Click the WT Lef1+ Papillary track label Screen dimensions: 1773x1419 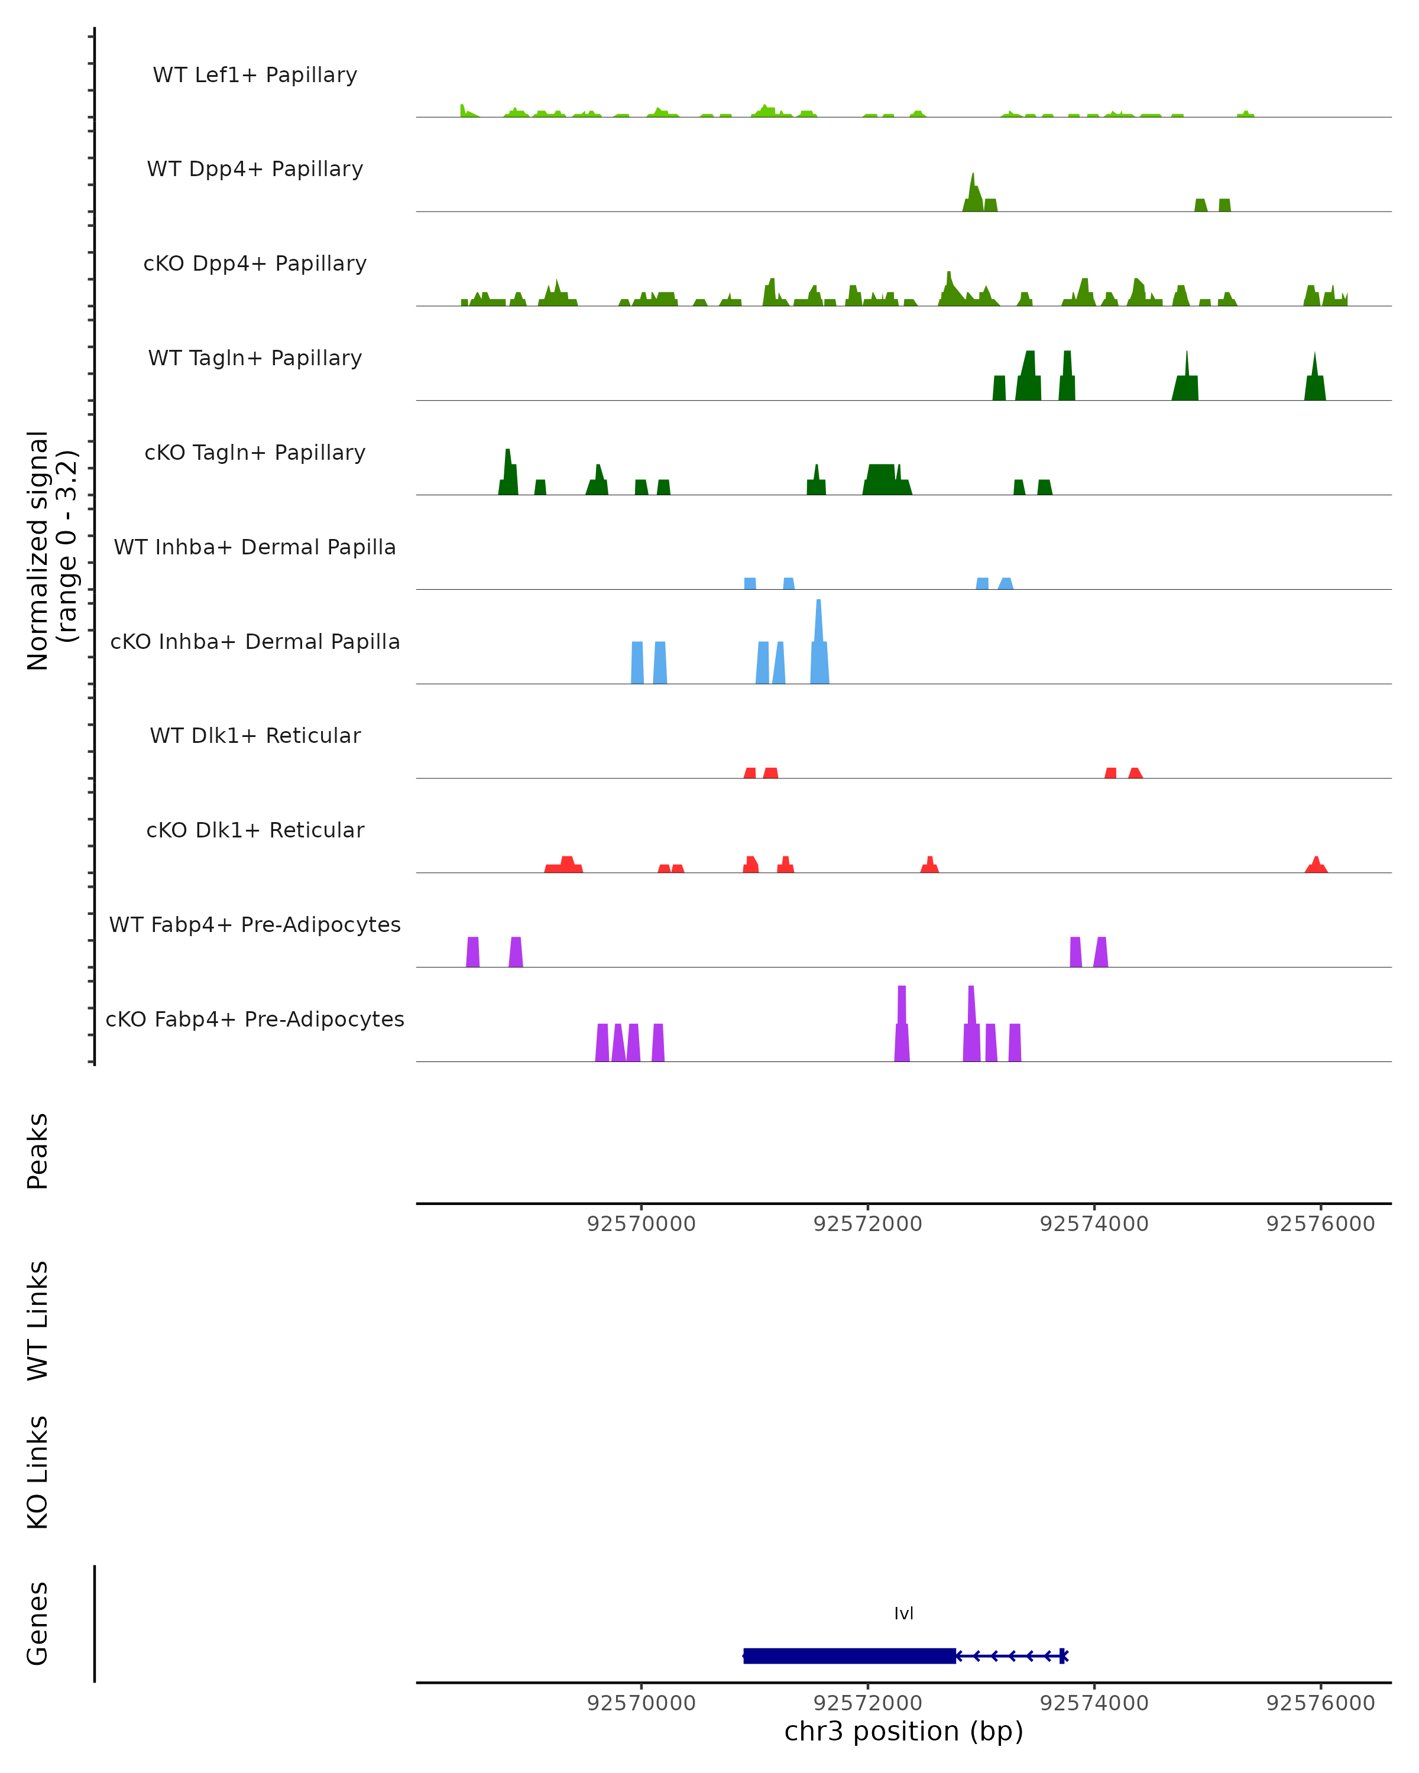[255, 76]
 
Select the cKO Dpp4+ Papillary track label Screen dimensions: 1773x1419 [255, 264]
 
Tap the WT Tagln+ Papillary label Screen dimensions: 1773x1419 [255, 359]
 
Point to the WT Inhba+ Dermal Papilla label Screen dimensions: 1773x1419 [255, 548]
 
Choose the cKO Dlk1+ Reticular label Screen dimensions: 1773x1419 [255, 830]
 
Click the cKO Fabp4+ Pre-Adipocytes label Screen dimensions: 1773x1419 [255, 1019]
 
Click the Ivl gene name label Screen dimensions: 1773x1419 [903, 1613]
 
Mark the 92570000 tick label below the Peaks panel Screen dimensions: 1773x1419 [641, 1224]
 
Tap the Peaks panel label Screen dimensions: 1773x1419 [38, 1151]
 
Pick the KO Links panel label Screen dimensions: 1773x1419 [38, 1473]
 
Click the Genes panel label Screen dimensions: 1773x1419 [38, 1623]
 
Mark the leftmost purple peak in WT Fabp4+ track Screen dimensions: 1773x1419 [473, 952]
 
